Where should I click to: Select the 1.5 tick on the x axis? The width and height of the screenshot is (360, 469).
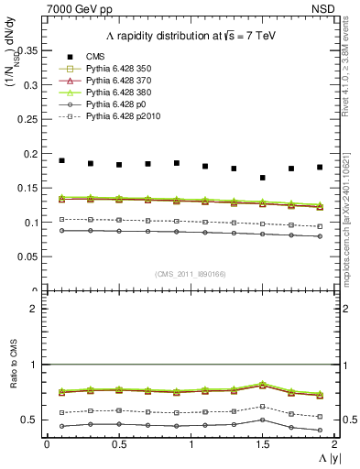[x=263, y=443]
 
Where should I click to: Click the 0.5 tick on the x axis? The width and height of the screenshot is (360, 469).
[x=119, y=443]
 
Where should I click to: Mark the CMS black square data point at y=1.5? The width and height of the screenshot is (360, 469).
[x=263, y=178]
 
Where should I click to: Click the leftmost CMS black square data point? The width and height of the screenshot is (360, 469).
[x=61, y=160]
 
